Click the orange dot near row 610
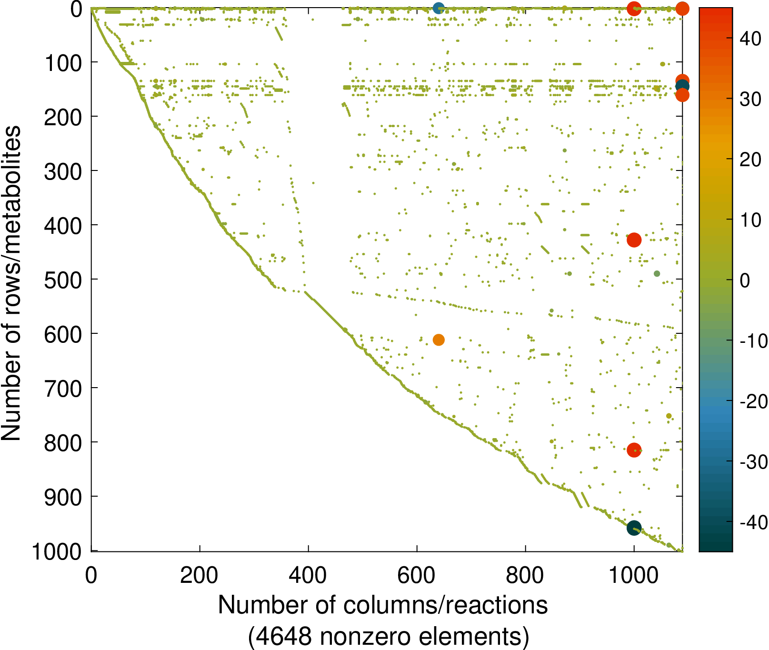click(x=439, y=340)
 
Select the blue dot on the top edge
click(x=439, y=8)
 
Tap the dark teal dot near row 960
click(x=634, y=528)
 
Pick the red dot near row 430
click(x=634, y=240)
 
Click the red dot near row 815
click(x=634, y=450)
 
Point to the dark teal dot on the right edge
click(x=682, y=86)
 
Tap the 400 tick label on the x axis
click(x=308, y=576)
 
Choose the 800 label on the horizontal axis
click(x=525, y=576)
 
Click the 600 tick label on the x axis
click(x=417, y=576)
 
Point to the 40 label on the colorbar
click(x=751, y=39)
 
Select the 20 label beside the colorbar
click(x=751, y=160)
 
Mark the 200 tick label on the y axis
click(x=63, y=118)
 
